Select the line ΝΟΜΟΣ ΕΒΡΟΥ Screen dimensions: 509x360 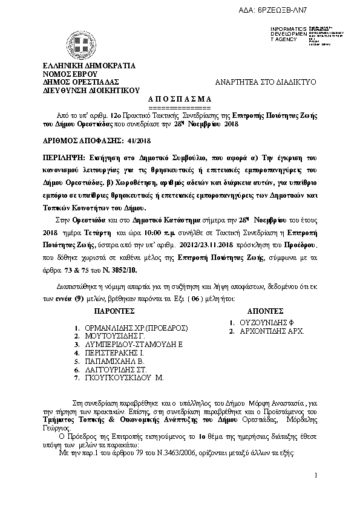click(68, 74)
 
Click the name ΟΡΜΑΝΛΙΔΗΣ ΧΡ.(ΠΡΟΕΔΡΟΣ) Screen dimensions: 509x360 click(136, 328)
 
